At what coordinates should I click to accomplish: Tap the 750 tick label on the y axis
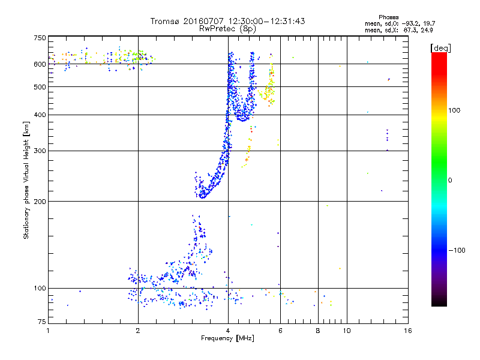tap(40, 38)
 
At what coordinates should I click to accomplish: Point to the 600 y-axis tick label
tap(40, 64)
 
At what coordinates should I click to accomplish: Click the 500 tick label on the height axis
tap(40, 87)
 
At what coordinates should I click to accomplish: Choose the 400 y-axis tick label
tap(40, 115)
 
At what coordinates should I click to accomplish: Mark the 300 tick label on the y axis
tap(40, 151)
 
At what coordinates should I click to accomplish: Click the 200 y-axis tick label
tap(40, 202)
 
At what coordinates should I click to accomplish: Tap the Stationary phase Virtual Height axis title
tap(26, 181)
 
